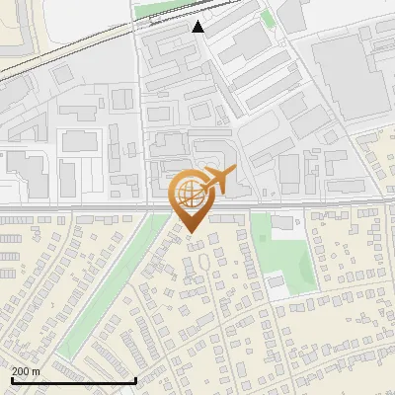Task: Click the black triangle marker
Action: [x=198, y=27]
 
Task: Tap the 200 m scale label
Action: [x=26, y=371]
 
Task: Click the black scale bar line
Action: [x=74, y=380]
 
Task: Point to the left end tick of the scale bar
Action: [x=12, y=378]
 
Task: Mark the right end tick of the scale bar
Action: [x=135, y=378]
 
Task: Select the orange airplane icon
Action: [x=220, y=181]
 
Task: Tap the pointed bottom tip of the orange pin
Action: [x=191, y=232]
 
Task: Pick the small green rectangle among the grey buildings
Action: [x=268, y=19]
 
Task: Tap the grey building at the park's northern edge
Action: [x=283, y=221]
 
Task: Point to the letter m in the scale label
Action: [x=36, y=371]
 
